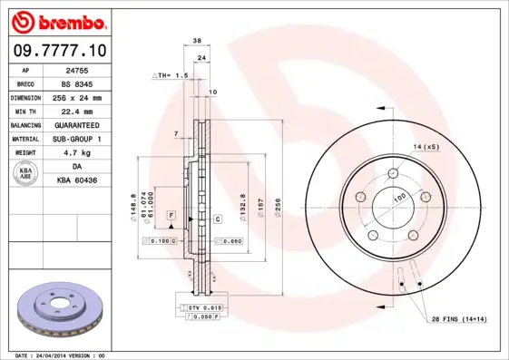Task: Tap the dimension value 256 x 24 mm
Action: point(77,97)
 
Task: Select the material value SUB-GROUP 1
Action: point(77,139)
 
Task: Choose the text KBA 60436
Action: point(77,180)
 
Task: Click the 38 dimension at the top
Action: point(197,41)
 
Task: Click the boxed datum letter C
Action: point(218,219)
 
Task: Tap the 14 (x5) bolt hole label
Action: point(426,146)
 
